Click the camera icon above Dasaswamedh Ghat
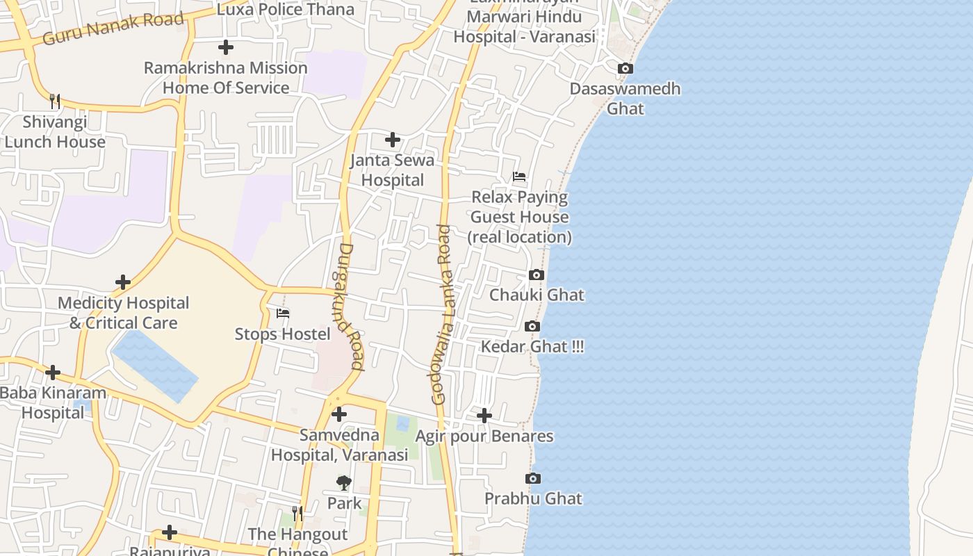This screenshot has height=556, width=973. tap(625, 68)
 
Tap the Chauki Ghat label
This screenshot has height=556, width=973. tap(537, 295)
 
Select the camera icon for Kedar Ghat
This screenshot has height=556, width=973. tap(532, 326)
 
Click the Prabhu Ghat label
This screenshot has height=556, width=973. tap(533, 498)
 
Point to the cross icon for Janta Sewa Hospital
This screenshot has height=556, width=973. tap(393, 140)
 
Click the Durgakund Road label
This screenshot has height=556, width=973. tap(352, 306)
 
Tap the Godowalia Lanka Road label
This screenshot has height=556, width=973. tap(441, 314)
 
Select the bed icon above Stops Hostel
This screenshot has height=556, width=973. tap(283, 313)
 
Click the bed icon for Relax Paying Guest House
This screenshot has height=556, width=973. tap(519, 177)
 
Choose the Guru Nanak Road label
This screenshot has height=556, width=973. tap(113, 28)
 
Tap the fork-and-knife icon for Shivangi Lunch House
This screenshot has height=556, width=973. tap(55, 101)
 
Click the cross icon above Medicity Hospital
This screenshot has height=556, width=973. tap(123, 282)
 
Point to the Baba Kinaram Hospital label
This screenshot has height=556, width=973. tap(53, 402)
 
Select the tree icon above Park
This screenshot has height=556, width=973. tap(344, 482)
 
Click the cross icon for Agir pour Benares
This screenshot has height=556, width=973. tap(484, 416)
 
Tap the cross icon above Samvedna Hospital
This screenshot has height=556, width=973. tap(339, 414)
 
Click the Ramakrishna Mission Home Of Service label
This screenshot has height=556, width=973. tap(225, 78)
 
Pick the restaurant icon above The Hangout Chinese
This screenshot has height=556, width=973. tap(297, 514)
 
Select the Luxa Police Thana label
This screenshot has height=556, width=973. tap(286, 9)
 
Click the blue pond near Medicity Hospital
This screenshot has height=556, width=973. tap(154, 364)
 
